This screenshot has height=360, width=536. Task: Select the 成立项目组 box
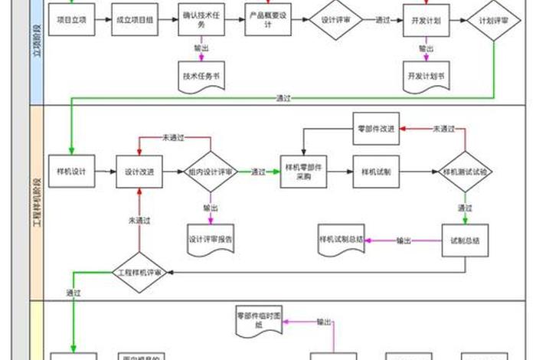coord(135,20)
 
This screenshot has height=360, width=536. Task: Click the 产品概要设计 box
coord(266,20)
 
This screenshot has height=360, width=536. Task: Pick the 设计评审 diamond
coord(335,20)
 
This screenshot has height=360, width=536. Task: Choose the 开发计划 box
coord(427,20)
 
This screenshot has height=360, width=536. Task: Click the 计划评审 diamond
coord(493,20)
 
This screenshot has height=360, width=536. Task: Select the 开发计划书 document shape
coord(427,77)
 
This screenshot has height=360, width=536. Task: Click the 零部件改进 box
coord(376,129)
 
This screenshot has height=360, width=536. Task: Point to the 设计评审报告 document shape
coord(210,238)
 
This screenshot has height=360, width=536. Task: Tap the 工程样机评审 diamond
coord(139,271)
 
